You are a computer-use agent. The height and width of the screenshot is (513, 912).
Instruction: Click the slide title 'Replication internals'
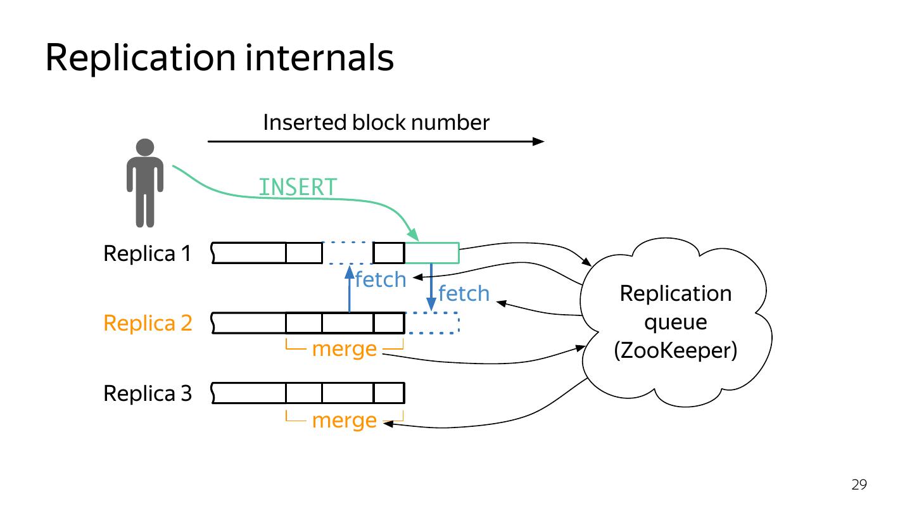point(219,58)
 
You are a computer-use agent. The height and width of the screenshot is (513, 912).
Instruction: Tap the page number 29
point(859,484)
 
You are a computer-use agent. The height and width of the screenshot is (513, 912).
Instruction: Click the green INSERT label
point(298,187)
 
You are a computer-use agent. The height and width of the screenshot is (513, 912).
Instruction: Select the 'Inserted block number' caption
point(376,123)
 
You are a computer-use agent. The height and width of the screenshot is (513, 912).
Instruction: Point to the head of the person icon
point(145,148)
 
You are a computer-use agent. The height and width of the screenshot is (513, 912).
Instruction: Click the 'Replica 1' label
point(148,253)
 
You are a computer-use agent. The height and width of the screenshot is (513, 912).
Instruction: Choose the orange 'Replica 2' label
point(148,323)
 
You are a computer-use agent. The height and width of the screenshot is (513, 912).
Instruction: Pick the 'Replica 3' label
point(148,393)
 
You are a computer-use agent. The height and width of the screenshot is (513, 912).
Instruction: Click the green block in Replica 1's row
point(433,253)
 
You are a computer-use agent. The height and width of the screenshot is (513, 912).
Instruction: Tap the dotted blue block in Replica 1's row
point(348,253)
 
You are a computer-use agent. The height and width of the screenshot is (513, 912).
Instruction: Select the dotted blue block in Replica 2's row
point(433,323)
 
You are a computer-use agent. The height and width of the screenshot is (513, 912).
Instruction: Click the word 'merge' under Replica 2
point(345,349)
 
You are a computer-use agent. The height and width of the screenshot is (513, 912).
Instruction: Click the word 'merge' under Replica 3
point(345,420)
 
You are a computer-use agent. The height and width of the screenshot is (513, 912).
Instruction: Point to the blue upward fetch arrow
point(350,289)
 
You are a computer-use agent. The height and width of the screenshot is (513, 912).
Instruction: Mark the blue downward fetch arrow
point(431,287)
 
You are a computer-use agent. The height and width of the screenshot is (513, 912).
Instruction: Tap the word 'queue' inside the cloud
point(675,323)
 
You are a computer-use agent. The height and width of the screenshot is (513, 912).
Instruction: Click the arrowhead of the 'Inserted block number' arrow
point(538,141)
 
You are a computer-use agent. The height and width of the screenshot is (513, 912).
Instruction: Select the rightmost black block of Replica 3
point(389,393)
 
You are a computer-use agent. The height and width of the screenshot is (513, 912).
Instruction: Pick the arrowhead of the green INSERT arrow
point(414,235)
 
